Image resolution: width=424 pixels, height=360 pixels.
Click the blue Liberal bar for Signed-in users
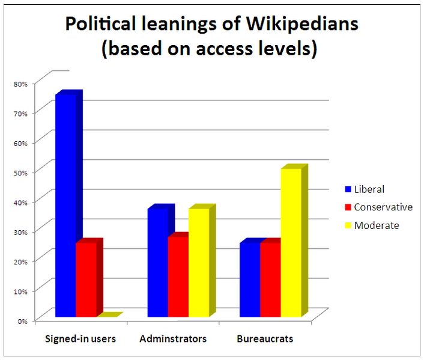click(65, 204)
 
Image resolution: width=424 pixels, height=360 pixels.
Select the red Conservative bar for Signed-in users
click(86, 279)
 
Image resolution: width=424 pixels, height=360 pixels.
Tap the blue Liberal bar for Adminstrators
click(157, 262)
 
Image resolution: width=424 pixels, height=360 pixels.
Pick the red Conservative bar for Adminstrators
click(178, 276)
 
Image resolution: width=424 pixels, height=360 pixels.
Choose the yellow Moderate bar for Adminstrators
click(199, 262)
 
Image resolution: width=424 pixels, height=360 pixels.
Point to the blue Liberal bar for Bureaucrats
click(249, 279)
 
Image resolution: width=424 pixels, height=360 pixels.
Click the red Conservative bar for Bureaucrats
click(270, 279)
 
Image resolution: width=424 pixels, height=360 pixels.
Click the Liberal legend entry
click(368, 189)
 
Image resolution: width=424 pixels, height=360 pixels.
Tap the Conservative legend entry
click(383, 207)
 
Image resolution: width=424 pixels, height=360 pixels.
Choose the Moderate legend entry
click(376, 225)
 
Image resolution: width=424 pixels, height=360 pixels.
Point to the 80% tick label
click(20, 84)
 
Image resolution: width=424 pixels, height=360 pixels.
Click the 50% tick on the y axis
click(20, 172)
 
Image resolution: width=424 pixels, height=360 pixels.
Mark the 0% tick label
click(22, 320)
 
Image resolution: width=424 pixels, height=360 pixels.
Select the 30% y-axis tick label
click(20, 231)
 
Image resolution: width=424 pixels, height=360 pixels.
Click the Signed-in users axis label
click(80, 339)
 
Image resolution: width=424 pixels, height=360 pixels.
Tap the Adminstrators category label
click(173, 339)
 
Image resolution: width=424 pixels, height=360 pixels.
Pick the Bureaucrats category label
click(265, 339)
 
